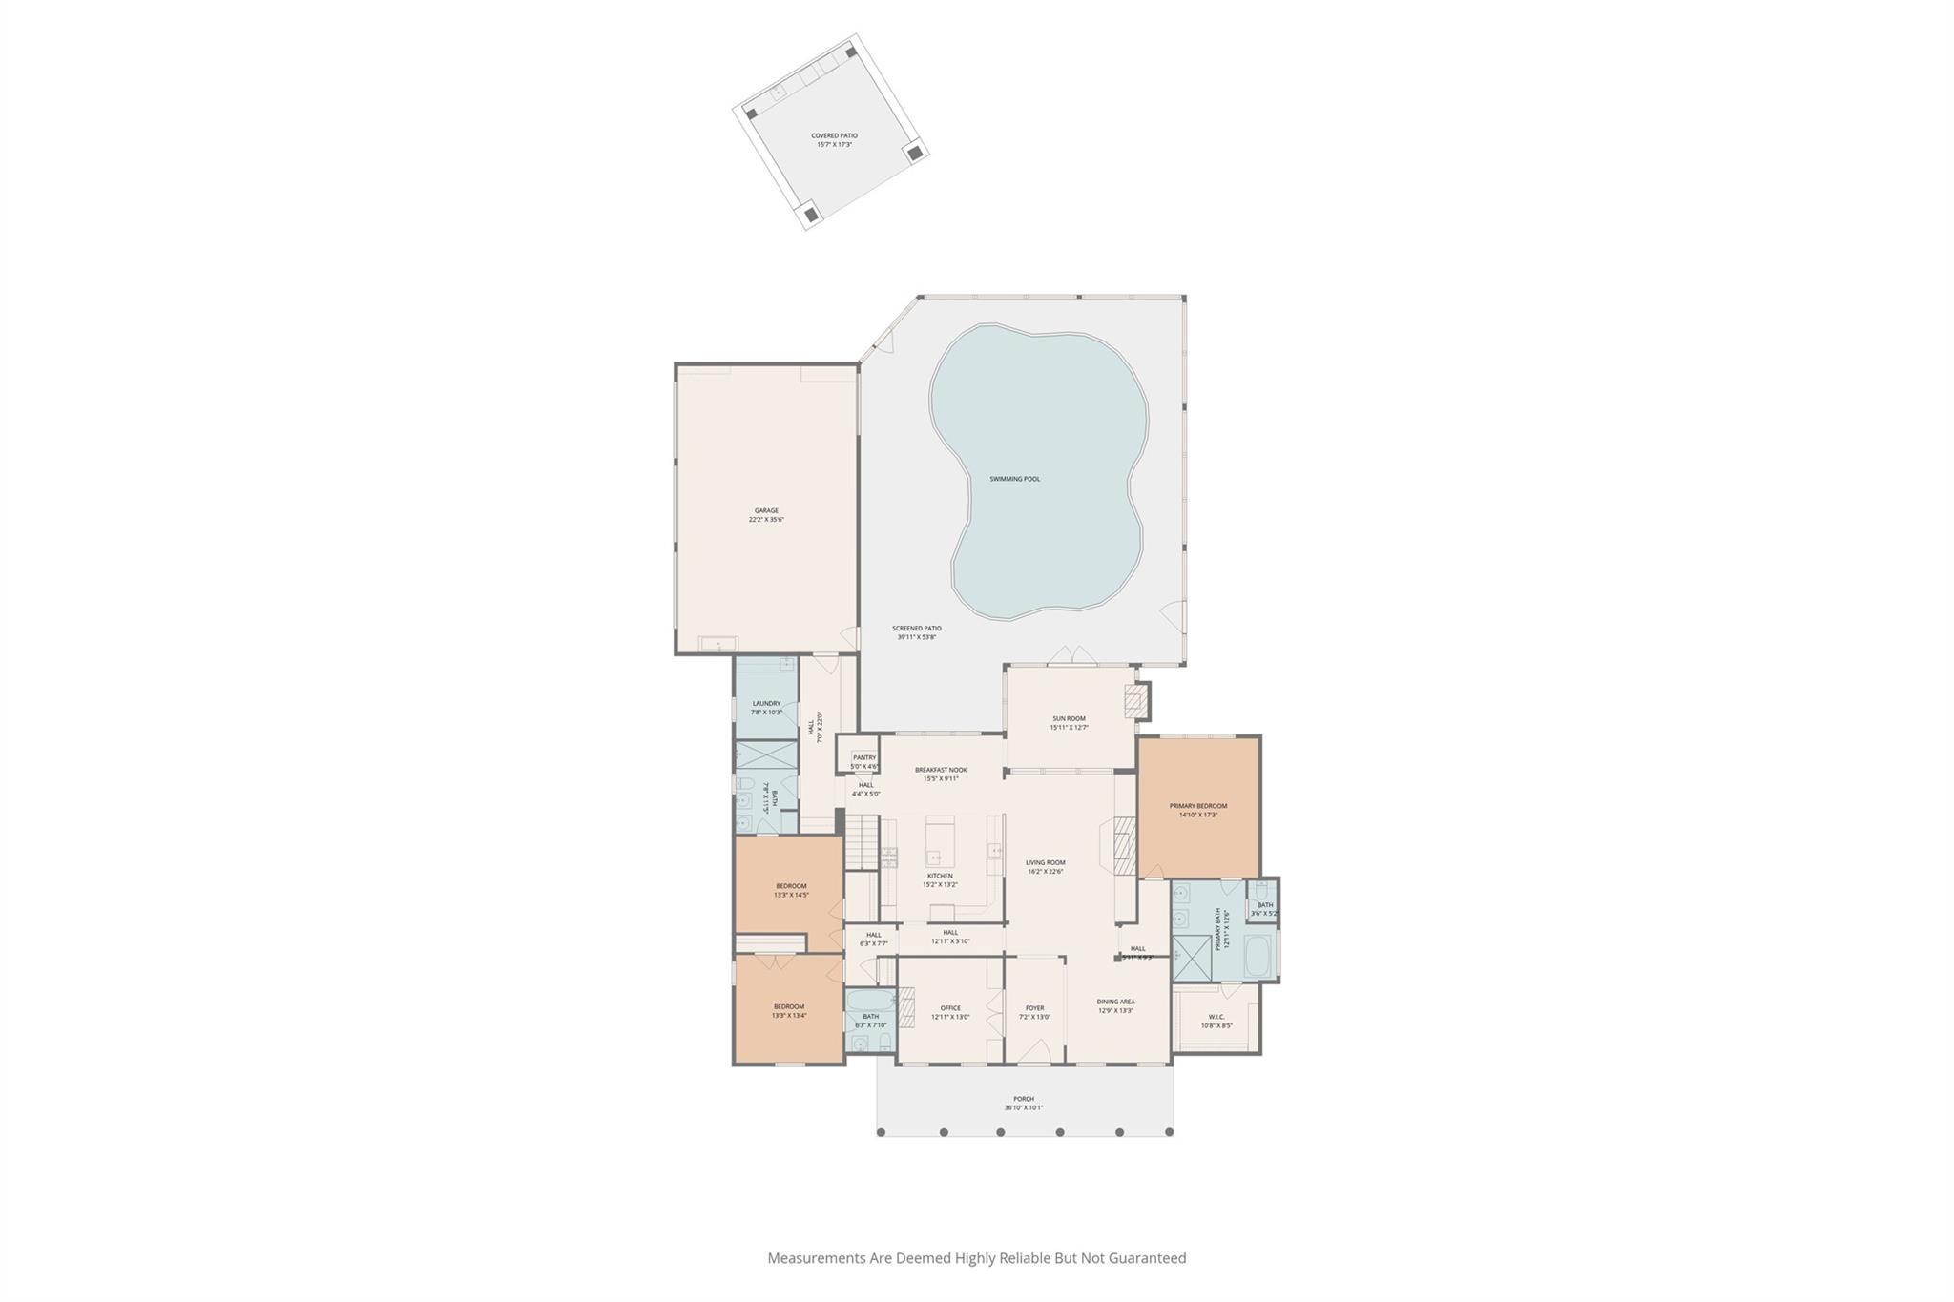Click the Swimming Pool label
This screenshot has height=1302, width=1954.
point(1014,479)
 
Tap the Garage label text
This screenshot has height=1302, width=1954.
point(766,511)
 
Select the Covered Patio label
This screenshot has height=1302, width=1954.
point(834,136)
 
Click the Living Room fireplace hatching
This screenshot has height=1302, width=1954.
point(1124,842)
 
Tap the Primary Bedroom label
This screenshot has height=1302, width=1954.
point(1198,806)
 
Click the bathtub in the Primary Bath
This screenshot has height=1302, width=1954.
point(1257,957)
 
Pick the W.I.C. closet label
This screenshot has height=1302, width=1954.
point(1216,1017)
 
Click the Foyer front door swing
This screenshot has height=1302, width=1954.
point(1035,1052)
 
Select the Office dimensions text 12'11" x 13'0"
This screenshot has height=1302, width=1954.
point(950,1017)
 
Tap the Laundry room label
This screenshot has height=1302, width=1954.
point(766,704)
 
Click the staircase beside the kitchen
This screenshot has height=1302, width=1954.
point(864,841)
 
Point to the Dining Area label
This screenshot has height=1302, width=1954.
point(1115,1002)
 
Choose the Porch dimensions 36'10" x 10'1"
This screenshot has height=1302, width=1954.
point(1024,1107)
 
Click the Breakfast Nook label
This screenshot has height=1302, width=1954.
point(941,770)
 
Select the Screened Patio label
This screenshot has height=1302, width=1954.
point(917,629)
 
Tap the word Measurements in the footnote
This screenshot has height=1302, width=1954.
point(817,1258)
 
